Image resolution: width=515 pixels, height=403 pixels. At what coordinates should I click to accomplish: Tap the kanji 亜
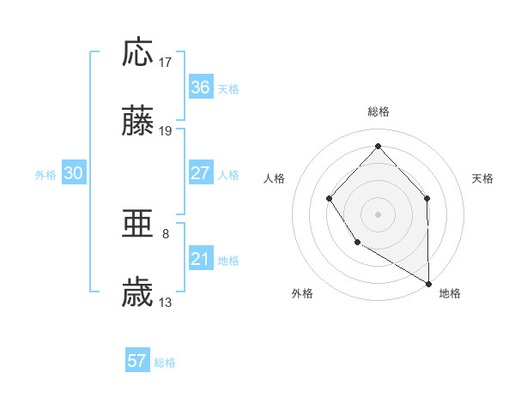point(137,225)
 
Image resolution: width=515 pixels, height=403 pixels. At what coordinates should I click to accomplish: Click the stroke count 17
point(167,63)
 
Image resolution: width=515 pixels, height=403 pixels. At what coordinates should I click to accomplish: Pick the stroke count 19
point(167,131)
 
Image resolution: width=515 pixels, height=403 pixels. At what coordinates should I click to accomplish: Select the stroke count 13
point(167,303)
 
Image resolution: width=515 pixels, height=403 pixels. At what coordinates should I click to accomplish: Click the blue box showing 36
point(201,87)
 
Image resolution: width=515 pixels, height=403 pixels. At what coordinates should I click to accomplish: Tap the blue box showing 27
point(201,173)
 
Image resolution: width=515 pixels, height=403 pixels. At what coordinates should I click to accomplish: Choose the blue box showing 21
point(201,259)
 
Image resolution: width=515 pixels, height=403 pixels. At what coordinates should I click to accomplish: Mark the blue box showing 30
point(74,173)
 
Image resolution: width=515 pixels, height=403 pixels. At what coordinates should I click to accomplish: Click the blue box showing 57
point(137,360)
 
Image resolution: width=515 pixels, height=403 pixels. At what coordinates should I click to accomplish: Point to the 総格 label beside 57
point(165,362)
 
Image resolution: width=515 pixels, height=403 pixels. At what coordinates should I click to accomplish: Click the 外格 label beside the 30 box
point(45,175)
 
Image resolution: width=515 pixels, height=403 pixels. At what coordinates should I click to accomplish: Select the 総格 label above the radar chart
point(378,111)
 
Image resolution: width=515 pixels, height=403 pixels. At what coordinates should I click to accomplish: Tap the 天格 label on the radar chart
point(483,178)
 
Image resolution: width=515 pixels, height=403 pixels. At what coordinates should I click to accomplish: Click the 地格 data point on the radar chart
point(428,283)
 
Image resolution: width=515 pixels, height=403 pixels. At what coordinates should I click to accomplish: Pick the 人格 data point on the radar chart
point(330,199)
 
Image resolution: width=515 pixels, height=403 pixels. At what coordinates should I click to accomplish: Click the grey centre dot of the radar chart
point(378,214)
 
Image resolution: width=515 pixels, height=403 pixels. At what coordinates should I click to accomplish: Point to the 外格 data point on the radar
point(357,244)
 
